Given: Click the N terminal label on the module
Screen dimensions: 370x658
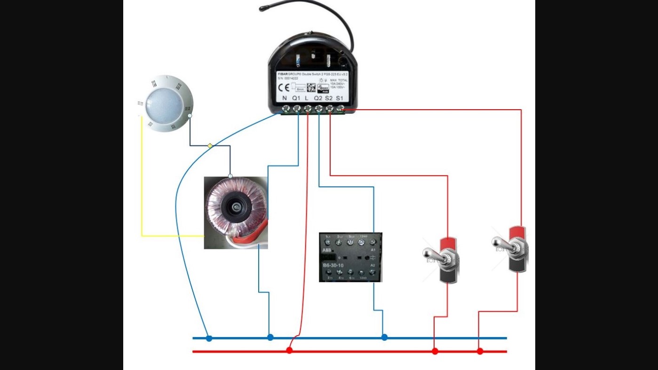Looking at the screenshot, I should [x=285, y=98].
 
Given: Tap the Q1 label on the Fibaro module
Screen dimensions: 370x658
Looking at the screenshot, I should [x=296, y=98].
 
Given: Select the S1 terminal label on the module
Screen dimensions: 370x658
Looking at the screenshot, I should [x=340, y=98].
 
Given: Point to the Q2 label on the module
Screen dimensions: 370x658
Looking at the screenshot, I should [x=318, y=98].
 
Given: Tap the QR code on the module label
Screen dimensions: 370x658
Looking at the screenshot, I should [x=311, y=88].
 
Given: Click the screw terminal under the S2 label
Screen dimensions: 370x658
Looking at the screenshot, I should [x=330, y=109].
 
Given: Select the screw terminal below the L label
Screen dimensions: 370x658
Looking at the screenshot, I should [x=308, y=109].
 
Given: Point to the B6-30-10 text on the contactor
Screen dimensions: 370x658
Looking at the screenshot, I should [x=333, y=265].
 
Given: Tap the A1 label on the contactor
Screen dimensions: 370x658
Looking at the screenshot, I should [x=373, y=249].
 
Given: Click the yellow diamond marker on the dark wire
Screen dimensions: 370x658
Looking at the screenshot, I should [x=210, y=146].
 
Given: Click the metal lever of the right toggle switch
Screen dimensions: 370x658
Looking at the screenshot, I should [x=500, y=243].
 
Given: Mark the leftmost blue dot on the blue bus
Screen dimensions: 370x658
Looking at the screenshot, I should [x=209, y=338].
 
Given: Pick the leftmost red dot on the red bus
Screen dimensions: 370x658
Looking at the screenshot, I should [x=289, y=351].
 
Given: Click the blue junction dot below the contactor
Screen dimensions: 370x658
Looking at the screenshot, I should [x=384, y=338].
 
